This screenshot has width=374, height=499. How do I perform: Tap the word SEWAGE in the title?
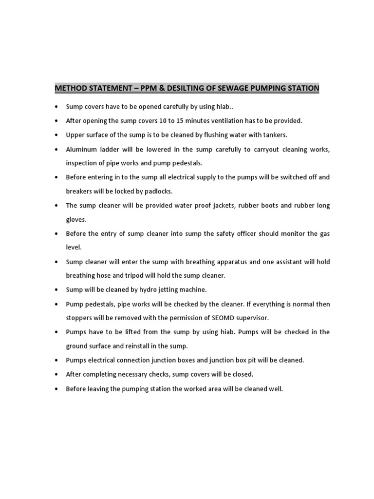236,88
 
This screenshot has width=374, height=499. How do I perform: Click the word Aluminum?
81,149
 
